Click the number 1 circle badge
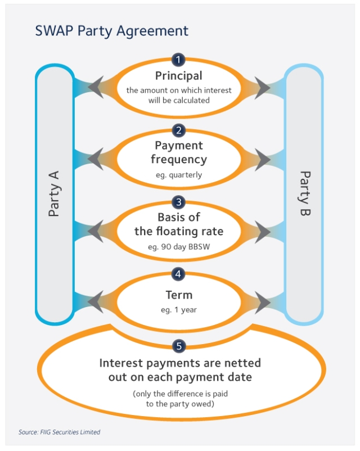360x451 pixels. click(178, 60)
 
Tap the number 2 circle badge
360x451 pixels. click(178, 131)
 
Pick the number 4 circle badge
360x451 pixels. click(178, 274)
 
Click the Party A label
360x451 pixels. click(54, 193)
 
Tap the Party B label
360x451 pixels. click(304, 193)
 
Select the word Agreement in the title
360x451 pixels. click(152, 30)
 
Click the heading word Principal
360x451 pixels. click(178, 75)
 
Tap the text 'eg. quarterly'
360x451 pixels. click(178, 175)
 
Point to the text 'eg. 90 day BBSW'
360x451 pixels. click(178, 247)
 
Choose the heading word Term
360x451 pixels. click(178, 295)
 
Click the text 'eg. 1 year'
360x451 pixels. click(178, 310)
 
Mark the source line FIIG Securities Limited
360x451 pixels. click(60, 432)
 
